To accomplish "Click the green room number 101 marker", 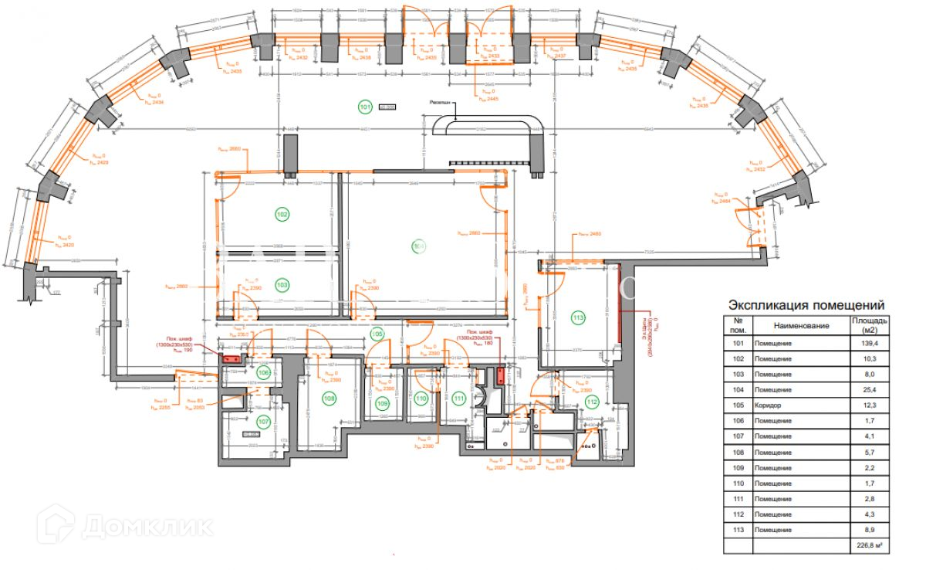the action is (365, 107).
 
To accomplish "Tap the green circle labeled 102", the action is (282, 214).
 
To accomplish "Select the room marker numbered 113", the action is (577, 317).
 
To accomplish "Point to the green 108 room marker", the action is (330, 399).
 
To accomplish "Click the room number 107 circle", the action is (263, 422).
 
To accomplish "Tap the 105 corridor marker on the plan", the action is (377, 334).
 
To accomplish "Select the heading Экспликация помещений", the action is (806, 305).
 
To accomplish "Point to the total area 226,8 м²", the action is (868, 546).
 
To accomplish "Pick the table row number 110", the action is (738, 483).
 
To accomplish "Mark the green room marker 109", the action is (382, 402).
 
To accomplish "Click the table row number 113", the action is (738, 530).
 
